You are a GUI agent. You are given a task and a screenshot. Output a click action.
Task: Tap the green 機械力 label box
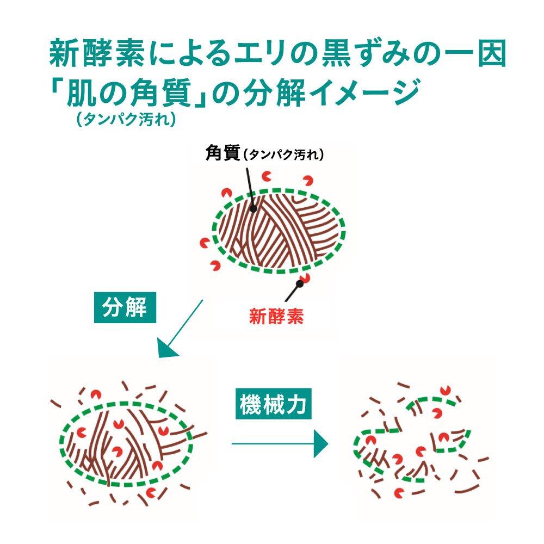click(x=274, y=404)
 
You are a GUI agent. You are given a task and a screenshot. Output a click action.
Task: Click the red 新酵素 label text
click(x=276, y=316)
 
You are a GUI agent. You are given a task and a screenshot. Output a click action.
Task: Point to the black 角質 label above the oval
click(x=222, y=153)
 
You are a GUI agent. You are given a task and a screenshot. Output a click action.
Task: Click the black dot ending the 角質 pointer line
click(x=253, y=208)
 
